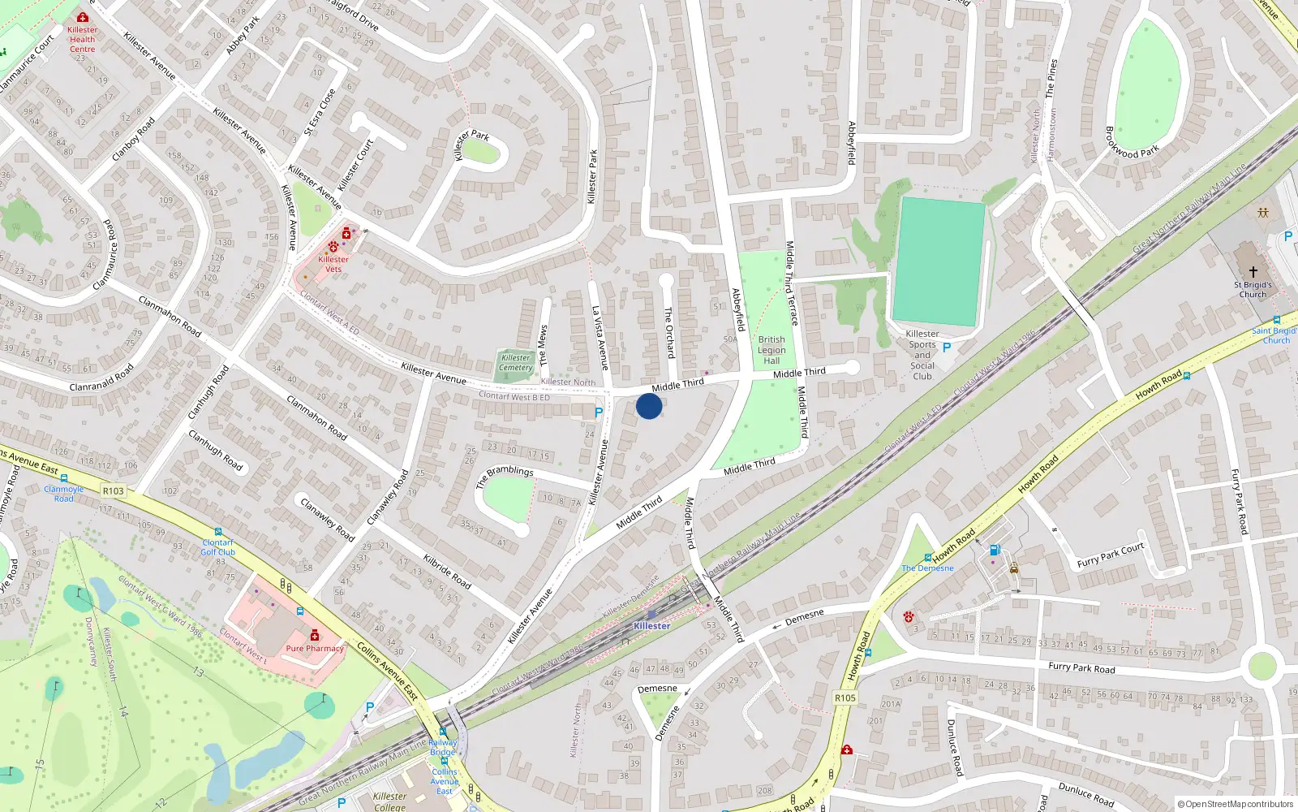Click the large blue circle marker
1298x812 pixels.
[649, 406]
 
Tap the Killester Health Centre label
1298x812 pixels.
[82, 39]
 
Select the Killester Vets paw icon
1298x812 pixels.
[333, 246]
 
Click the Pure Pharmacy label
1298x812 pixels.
[315, 649]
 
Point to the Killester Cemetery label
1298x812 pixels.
[516, 363]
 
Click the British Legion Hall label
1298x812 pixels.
[771, 350]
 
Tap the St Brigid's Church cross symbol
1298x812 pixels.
[1253, 272]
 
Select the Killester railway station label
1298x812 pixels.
[651, 626]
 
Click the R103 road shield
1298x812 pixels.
[114, 490]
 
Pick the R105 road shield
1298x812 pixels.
[845, 698]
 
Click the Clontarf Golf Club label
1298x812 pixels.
[217, 547]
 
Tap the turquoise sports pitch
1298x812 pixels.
[939, 261]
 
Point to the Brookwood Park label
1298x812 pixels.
[1133, 142]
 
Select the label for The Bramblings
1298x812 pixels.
[505, 476]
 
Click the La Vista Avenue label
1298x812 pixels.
[600, 338]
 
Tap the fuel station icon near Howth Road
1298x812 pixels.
[995, 551]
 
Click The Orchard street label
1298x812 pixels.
[669, 332]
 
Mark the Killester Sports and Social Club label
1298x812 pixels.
[922, 355]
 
